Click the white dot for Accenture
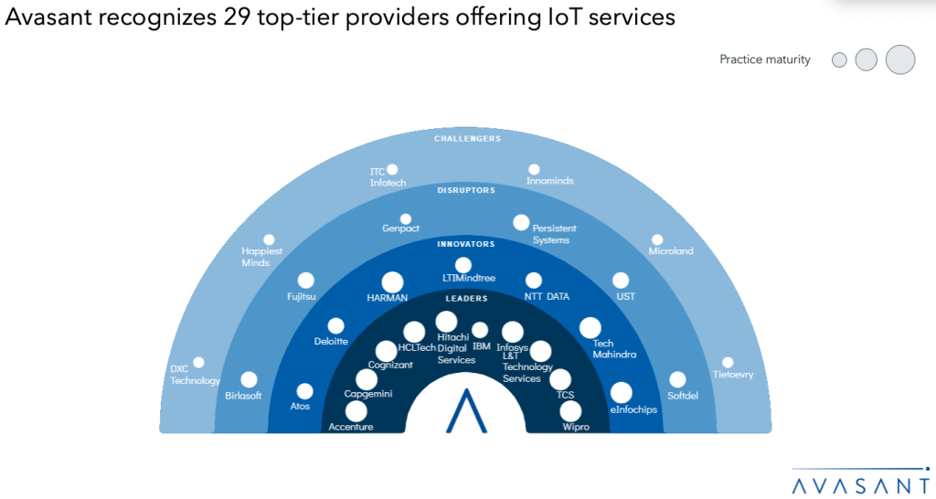pos(356,411)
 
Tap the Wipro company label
pos(576,427)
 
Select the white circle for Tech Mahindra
pos(590,328)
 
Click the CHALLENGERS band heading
pos(467,139)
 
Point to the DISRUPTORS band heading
pos(466,191)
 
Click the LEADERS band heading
pos(466,299)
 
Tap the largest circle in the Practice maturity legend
pos(900,59)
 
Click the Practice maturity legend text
pos(764,59)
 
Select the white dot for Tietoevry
pos(728,362)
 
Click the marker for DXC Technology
pos(198,363)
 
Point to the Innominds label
pos(550,181)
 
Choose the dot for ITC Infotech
pos(392,169)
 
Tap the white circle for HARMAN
pos(392,282)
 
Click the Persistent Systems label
pos(554,234)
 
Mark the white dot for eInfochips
pos(621,392)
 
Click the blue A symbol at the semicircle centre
pos(466,412)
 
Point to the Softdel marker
pos(677,379)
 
